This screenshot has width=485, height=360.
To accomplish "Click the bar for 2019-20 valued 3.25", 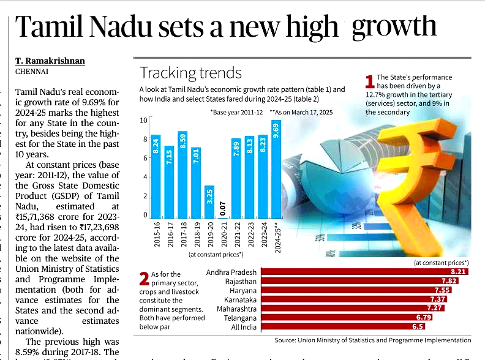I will tap(209, 201).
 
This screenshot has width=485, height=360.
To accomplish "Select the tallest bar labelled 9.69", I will tap(276, 168).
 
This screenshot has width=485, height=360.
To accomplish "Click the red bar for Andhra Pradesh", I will tap(364, 271).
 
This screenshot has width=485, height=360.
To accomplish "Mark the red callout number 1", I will tap(369, 81).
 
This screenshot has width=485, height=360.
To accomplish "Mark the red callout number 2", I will tap(144, 279).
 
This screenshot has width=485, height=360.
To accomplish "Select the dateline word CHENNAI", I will tap(33, 72).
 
